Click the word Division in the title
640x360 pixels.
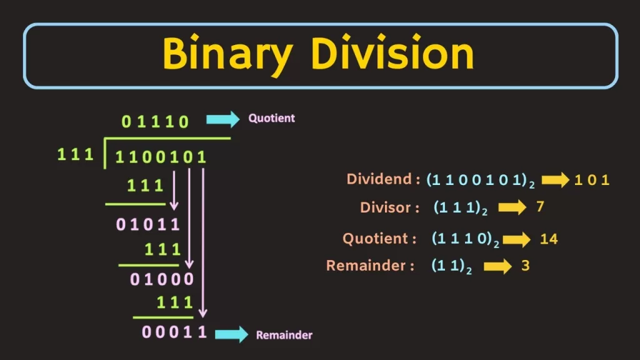[392, 53]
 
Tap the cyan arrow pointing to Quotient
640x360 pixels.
[223, 119]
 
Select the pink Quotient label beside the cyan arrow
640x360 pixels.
[271, 118]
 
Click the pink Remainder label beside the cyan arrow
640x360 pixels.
[284, 335]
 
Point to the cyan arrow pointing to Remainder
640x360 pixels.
[231, 334]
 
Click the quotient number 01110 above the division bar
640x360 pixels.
[155, 122]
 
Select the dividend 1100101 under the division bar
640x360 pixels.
[161, 157]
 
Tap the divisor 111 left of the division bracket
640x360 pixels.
[76, 154]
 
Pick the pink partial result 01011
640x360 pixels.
[147, 224]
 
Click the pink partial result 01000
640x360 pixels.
[162, 279]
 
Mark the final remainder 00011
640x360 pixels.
[174, 332]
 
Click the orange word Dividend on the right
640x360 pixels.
[379, 179]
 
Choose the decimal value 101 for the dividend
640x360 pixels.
[592, 180]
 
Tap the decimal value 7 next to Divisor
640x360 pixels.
[540, 206]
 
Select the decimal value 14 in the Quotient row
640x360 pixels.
[549, 239]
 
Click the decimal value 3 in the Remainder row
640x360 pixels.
[526, 266]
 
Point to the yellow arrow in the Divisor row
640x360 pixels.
[512, 207]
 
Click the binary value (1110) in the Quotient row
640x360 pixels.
[466, 239]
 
